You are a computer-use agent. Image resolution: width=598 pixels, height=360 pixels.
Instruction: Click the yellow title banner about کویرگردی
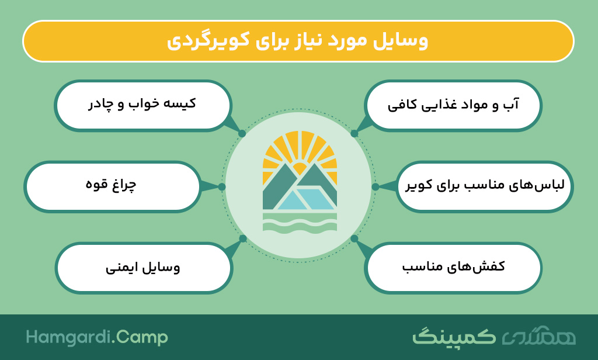tap(298, 41)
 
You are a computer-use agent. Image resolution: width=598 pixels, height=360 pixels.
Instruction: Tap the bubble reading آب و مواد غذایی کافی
tap(453, 106)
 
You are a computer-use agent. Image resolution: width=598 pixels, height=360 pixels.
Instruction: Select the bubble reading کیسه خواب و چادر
tap(143, 106)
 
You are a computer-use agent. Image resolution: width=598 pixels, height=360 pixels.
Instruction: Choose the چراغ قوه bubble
tap(112, 186)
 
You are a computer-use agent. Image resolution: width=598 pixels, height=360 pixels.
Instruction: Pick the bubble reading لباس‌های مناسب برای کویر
tap(484, 186)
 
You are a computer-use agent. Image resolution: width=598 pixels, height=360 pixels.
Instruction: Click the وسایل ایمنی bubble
tap(144, 268)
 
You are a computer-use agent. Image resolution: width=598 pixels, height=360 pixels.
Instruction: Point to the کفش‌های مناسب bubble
tap(453, 268)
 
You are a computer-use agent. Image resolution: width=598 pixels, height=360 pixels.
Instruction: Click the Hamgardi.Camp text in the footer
tap(97, 337)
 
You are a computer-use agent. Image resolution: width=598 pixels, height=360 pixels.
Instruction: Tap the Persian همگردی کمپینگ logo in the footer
tap(494, 336)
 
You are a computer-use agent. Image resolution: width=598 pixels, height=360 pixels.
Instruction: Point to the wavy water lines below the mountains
tap(300, 223)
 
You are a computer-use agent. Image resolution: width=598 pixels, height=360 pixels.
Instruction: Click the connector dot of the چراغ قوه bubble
tap(222, 186)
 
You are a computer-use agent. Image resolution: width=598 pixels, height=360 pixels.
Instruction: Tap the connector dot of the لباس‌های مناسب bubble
tap(376, 186)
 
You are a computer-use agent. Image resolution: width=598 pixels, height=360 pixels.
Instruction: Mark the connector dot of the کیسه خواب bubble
tap(242, 134)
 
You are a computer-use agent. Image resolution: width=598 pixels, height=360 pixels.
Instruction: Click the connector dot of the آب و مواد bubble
tap(354, 134)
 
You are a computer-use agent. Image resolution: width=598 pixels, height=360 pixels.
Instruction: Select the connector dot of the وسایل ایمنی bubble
tap(242, 238)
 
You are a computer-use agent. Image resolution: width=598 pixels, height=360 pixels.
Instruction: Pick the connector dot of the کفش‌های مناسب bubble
tap(354, 238)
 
